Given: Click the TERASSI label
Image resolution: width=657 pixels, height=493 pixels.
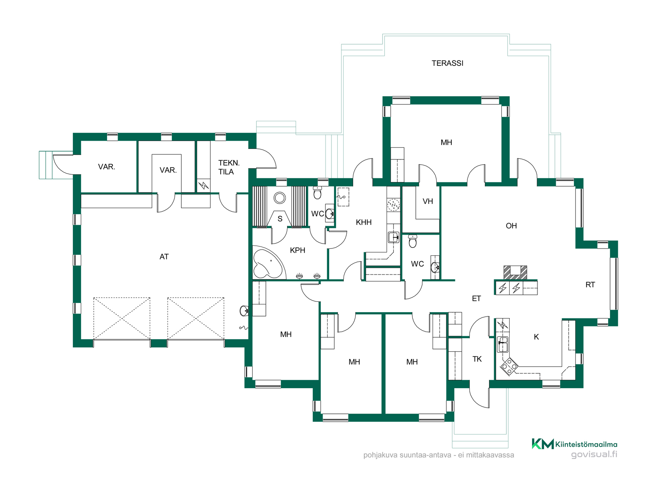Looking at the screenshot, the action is pos(447,63).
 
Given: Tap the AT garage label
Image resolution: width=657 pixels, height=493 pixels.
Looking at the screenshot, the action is pos(164,257).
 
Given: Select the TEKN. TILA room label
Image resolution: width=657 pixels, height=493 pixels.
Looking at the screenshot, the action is pos(229,167).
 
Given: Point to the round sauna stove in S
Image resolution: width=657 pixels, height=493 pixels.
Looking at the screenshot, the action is pos(280,198).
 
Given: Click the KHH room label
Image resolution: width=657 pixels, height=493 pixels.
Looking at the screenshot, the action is pos(363,223).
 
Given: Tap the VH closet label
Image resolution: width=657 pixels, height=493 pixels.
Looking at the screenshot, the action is pos(428,201).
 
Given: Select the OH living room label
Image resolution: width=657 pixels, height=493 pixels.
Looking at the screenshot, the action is pos(511,226).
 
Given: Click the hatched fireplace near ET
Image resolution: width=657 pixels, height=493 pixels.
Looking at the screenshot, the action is pos(515,273).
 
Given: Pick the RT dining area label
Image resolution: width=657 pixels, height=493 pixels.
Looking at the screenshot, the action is pos(590,285).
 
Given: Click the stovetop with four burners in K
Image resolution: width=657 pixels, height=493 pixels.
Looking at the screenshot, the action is pos(509,366).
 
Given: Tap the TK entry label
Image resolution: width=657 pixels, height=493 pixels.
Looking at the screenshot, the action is pos(477,359).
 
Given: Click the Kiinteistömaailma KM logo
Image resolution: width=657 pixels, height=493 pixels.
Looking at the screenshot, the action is pos(575,444).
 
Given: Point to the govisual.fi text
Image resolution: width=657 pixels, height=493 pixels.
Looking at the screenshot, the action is pos(594,455).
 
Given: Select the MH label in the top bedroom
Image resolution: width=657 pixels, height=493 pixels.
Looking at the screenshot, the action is pos(446,142).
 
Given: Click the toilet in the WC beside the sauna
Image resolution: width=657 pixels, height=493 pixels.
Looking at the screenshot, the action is pos(317,193).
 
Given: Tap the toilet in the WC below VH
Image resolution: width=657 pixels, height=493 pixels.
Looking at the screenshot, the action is pos(413,241).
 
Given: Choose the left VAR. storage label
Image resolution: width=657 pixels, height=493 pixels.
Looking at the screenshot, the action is pos(106,167).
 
